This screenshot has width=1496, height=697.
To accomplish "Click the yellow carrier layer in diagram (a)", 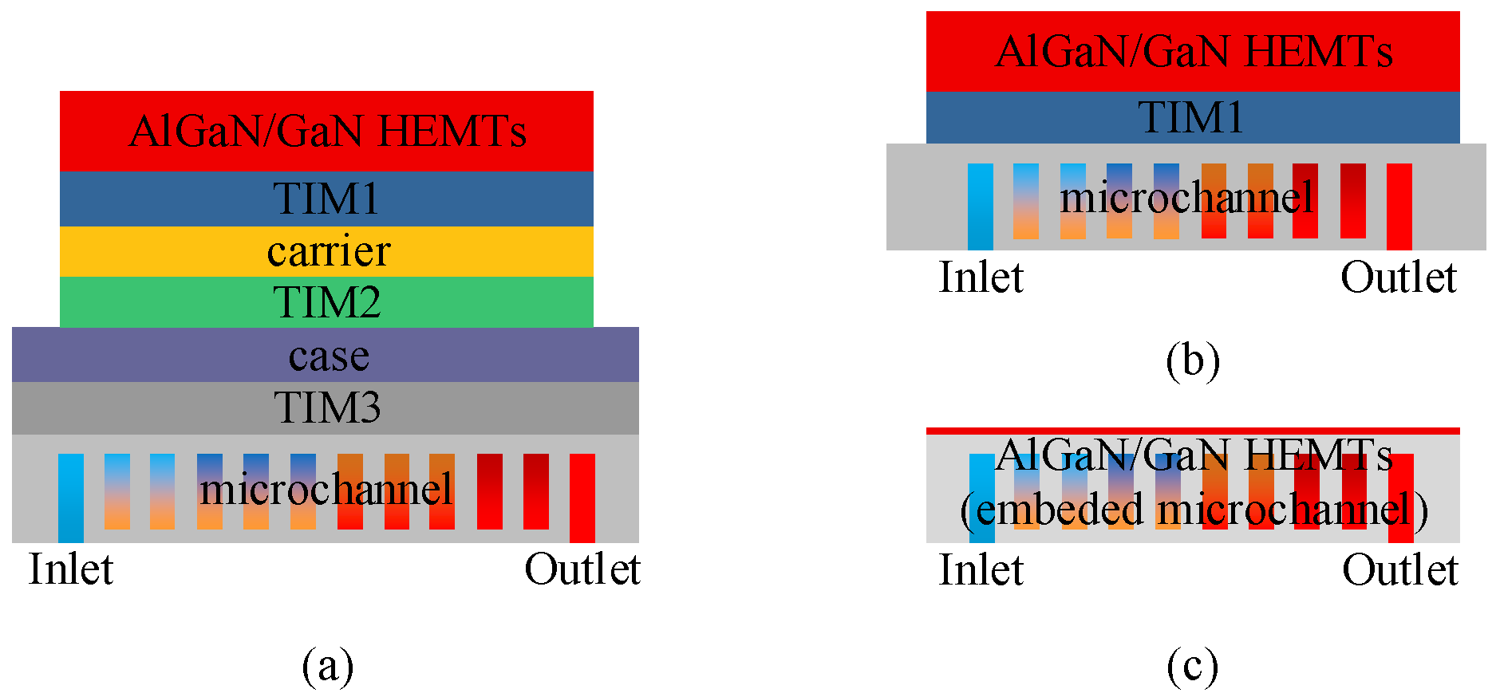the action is (326, 251).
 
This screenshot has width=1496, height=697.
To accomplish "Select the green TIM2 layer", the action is (326, 302).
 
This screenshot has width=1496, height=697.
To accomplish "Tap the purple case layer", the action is (326, 355).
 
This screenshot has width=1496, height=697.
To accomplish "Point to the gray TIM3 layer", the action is (326, 408).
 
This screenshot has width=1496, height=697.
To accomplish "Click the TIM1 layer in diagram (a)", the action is (326, 199).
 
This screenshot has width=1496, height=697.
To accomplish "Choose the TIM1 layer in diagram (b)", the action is (1192, 117).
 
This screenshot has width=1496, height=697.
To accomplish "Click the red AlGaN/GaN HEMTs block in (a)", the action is (326, 132).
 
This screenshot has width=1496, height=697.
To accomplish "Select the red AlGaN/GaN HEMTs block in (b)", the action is (1192, 51).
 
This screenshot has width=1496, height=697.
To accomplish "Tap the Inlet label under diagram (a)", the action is (71, 569).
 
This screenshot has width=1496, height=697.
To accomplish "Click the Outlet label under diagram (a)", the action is (582, 569).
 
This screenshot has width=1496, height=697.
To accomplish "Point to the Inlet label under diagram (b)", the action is (981, 278).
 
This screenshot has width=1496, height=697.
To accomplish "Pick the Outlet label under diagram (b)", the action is (1398, 278).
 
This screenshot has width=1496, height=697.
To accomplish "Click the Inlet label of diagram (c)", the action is (981, 570).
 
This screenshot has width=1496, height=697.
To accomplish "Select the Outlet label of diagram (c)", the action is (1399, 570).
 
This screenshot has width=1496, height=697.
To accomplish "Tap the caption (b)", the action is (1192, 360).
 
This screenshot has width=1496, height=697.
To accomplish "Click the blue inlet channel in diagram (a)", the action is (71, 498).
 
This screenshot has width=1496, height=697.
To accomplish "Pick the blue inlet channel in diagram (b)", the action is (980, 206).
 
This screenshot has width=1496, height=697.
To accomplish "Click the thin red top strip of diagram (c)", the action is (1192, 431).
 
